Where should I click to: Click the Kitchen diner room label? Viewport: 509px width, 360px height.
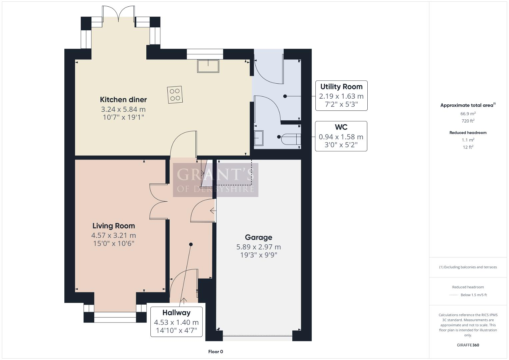(x=123, y=99)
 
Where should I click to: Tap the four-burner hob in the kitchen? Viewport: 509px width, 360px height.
(x=175, y=94)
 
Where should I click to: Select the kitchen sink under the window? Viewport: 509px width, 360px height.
(x=208, y=66)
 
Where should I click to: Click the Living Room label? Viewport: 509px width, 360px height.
(x=113, y=226)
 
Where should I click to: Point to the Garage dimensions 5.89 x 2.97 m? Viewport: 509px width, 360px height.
(x=258, y=247)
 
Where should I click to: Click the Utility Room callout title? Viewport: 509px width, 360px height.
(x=341, y=87)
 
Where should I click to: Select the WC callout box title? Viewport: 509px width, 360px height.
(x=341, y=127)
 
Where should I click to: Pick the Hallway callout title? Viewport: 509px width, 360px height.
(x=176, y=313)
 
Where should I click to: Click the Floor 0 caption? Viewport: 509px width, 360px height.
(x=215, y=352)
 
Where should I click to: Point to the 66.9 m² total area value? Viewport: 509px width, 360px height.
(x=468, y=114)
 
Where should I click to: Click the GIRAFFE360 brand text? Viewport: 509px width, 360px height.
(x=468, y=345)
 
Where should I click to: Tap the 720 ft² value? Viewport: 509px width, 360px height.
(x=468, y=121)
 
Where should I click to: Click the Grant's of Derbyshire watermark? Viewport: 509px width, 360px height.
(x=215, y=180)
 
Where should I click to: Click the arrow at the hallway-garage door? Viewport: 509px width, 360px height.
(x=212, y=211)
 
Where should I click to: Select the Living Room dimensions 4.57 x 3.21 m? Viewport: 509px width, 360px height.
(x=113, y=235)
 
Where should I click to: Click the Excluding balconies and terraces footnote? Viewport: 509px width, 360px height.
(x=468, y=267)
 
